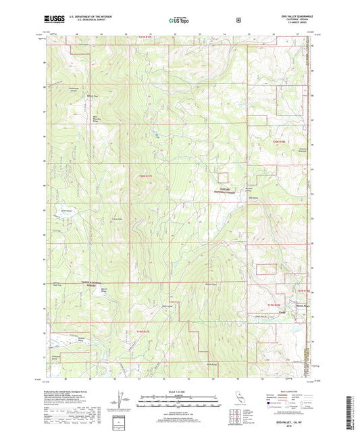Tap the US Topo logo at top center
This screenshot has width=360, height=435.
tap(178, 22)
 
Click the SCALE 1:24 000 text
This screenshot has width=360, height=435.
tap(178, 392)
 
